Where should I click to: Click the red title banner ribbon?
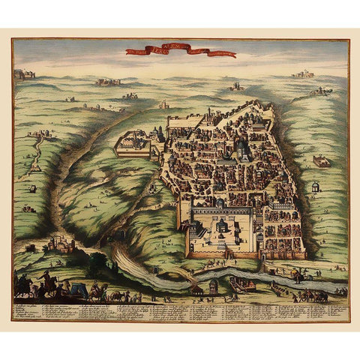180,52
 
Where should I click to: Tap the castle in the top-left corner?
23,74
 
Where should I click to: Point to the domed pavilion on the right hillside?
316,187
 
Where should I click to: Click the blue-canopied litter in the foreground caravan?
78,289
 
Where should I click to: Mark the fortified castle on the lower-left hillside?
58,244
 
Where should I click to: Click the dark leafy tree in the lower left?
96,263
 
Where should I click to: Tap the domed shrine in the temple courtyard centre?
223,226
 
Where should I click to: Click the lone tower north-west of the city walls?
163,105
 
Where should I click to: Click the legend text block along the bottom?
180,310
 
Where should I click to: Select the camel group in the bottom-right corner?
315,294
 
